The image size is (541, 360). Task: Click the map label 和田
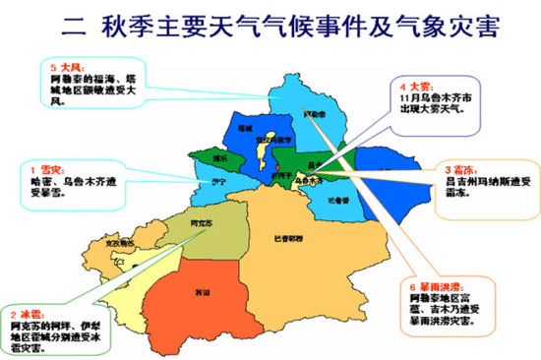point(203,292)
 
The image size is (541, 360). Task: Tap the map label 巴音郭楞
point(289,238)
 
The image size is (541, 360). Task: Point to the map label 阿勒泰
point(313,114)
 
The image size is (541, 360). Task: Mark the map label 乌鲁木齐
point(309,181)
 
